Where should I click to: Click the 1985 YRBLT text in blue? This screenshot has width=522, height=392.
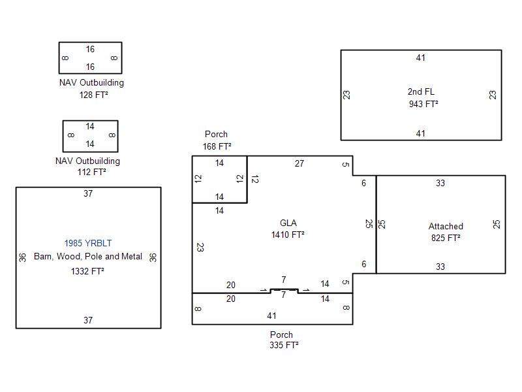[x=88, y=243]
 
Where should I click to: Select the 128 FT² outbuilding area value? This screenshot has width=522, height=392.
[x=91, y=95]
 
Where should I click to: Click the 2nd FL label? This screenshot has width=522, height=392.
[x=421, y=91]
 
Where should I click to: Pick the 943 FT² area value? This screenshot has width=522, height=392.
[x=422, y=103]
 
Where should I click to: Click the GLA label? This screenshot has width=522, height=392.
[x=288, y=222]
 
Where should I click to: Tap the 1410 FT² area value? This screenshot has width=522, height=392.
[x=288, y=234]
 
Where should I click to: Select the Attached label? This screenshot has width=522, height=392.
[x=446, y=226]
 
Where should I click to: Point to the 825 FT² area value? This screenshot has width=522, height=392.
[x=446, y=238]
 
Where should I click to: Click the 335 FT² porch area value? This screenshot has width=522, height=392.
[x=282, y=346]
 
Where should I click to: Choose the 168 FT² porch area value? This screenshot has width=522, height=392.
[x=216, y=146]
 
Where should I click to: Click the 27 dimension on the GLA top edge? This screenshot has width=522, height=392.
[x=299, y=163]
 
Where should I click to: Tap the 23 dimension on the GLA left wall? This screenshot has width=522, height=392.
[x=200, y=248]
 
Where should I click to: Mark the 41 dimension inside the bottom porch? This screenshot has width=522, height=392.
[x=271, y=316]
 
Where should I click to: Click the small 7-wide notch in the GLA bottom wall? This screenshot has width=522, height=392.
[x=284, y=289]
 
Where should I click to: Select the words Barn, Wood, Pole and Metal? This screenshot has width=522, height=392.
[x=88, y=257]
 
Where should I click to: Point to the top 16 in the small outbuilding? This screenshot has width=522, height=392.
[x=90, y=49]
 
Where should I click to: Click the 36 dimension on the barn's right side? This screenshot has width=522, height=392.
[x=153, y=257]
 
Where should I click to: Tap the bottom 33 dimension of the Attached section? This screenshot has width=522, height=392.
[x=440, y=267]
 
